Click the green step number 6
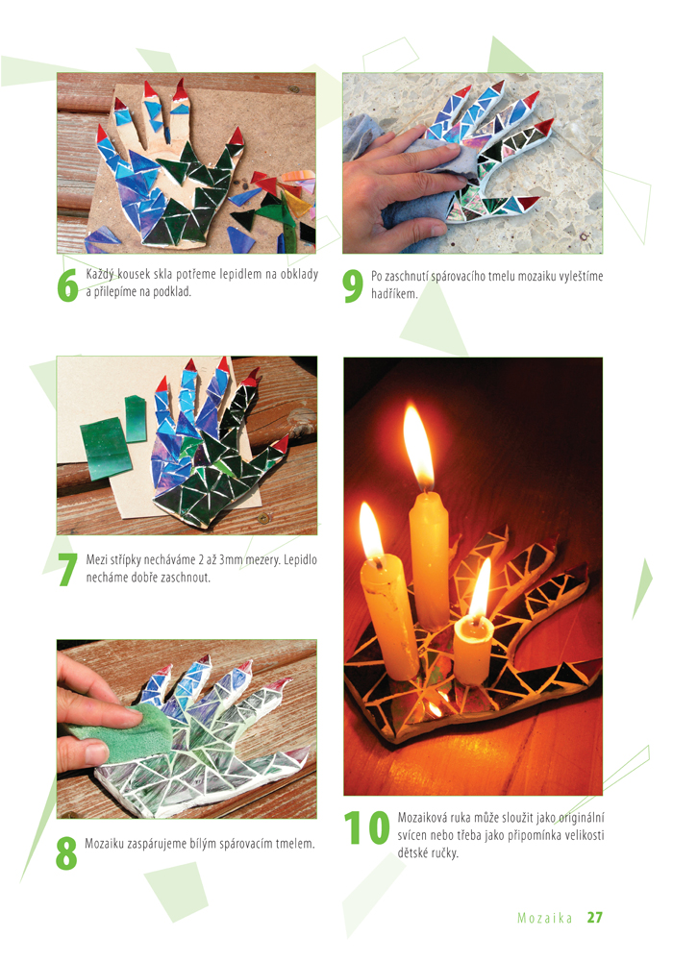[x=67, y=285]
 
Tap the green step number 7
[x=67, y=569]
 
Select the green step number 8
[x=66, y=852]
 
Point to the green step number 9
[x=353, y=286]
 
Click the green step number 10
[x=366, y=827]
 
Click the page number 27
[x=594, y=917]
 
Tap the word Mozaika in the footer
[x=545, y=918]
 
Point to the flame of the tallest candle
[x=419, y=447]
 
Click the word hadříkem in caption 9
[x=394, y=294]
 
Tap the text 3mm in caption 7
[x=231, y=559]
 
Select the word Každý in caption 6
[x=101, y=275]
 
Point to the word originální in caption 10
[x=582, y=818]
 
